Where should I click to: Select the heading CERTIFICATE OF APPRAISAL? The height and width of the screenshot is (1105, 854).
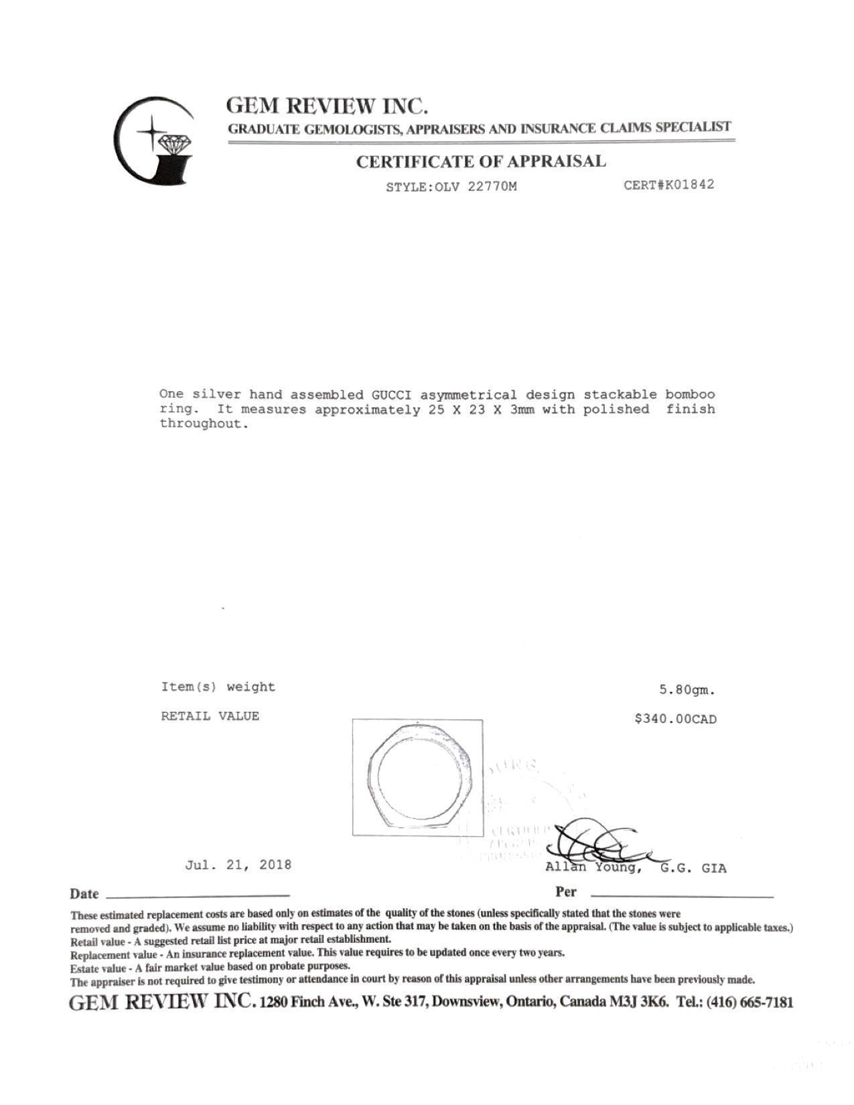pyautogui.click(x=480, y=161)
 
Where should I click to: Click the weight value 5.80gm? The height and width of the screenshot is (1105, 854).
pyautogui.click(x=687, y=690)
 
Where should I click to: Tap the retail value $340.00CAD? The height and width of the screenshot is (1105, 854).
pyautogui.click(x=676, y=719)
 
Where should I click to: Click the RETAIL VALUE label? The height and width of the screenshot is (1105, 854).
pyautogui.click(x=210, y=716)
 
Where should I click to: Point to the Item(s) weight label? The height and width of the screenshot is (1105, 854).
pyautogui.click(x=218, y=686)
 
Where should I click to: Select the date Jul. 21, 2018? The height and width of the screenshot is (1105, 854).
pyautogui.click(x=238, y=865)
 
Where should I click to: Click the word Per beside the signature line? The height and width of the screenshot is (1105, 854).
pyautogui.click(x=565, y=892)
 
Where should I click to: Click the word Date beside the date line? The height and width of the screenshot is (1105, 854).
pyautogui.click(x=84, y=894)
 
